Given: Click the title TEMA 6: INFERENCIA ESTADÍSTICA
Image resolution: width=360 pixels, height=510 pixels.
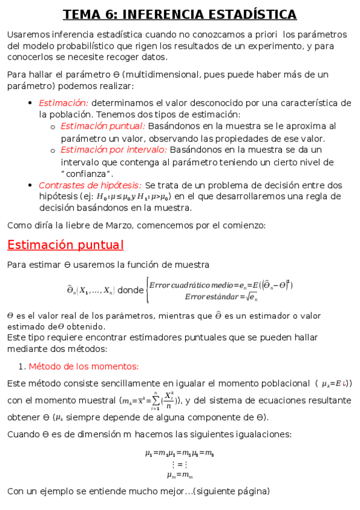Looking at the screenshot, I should tap(180, 14).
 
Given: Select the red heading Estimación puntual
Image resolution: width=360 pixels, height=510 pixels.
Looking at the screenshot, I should tap(65, 245).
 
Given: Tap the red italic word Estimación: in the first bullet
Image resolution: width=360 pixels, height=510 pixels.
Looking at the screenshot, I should tap(64, 103).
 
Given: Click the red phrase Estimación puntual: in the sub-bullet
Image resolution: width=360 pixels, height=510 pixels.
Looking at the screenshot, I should tap(103, 126).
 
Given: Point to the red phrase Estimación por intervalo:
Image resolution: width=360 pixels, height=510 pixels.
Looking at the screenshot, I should tap(114, 150).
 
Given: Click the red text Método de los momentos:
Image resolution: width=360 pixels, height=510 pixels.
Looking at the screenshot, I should tap(84, 366).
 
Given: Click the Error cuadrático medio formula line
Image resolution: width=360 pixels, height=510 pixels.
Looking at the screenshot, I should tap(221, 284).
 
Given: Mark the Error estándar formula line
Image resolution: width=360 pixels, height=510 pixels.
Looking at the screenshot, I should tap(221, 296).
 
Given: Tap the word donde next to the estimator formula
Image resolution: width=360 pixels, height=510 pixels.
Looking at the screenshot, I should tap(130, 290).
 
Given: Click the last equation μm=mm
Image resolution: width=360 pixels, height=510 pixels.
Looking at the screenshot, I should tap(180, 475).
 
